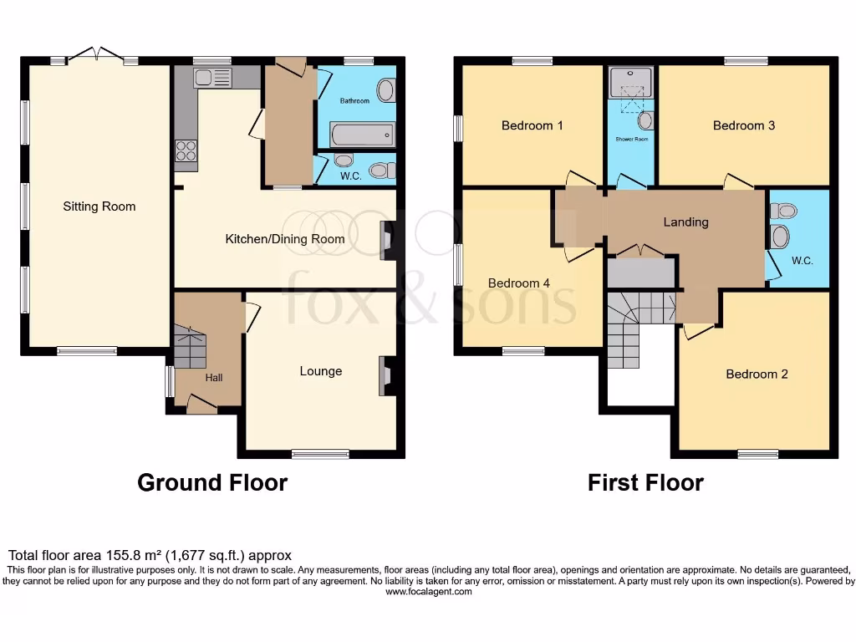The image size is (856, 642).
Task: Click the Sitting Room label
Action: coord(99,206)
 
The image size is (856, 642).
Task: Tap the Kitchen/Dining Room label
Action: coord(285,239)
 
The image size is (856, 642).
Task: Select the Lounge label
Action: coord(320,371)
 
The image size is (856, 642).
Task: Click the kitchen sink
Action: coord(212,79)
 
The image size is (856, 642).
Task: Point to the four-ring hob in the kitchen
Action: coord(186,150)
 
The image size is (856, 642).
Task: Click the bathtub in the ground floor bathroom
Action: coord(362,134)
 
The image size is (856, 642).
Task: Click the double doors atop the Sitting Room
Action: coord(97,55)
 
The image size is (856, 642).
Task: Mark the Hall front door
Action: coord(201,405)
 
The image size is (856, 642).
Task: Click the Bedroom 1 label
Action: coord(532,125)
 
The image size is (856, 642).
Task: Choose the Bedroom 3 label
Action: coord(743,125)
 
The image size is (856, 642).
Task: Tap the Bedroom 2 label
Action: coord(757,374)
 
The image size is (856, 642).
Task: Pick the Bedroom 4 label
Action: coord(518,283)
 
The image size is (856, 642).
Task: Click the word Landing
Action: coord(685,222)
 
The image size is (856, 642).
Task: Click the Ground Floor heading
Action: coord(212,482)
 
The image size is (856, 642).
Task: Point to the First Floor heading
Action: coord(645,482)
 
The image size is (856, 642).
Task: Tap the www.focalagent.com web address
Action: coord(428,592)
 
